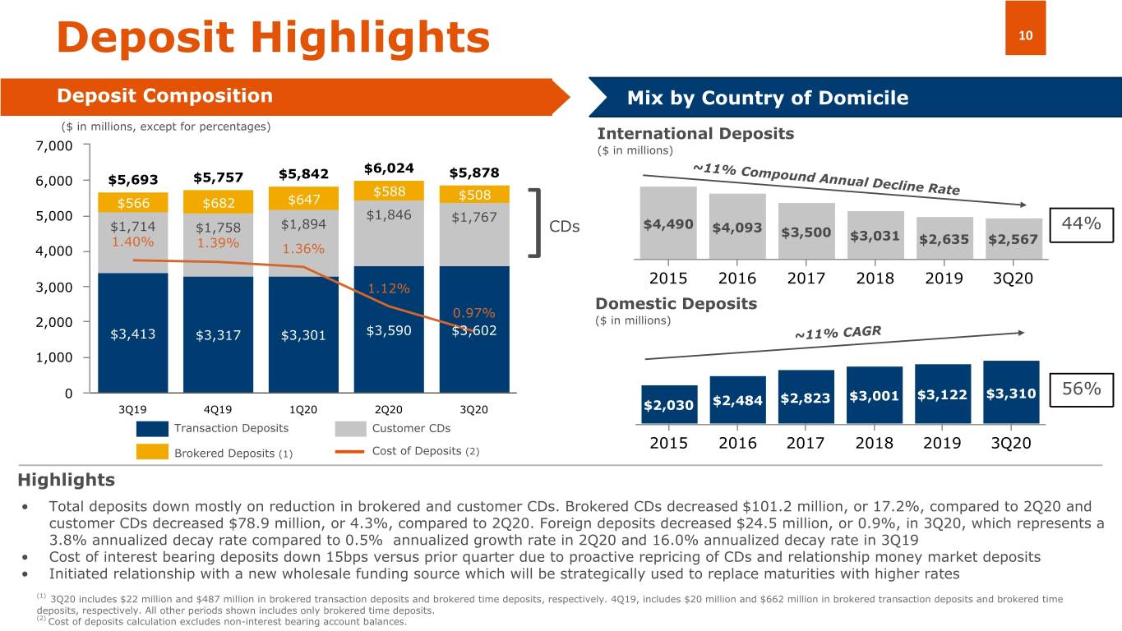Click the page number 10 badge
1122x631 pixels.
[x=1025, y=35]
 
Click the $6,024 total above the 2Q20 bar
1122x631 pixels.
[x=388, y=168]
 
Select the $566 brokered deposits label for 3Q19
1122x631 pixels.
[x=133, y=205]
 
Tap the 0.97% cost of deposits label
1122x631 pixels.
[x=473, y=313]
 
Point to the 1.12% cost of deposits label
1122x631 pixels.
[x=388, y=288]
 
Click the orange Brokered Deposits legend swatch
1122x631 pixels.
[x=153, y=452]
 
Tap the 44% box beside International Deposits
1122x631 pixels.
[x=1081, y=223]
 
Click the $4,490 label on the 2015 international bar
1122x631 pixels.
[x=667, y=224]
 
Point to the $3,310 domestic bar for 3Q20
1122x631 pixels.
[x=1011, y=393]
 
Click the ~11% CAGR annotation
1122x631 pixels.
[x=837, y=333]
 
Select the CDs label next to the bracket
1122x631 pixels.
[x=565, y=226]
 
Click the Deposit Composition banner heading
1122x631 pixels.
[x=164, y=96]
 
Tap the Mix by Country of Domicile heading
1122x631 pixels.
[x=767, y=99]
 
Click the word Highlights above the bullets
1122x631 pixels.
[x=66, y=480]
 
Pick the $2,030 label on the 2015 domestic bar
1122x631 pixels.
[x=667, y=404]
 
